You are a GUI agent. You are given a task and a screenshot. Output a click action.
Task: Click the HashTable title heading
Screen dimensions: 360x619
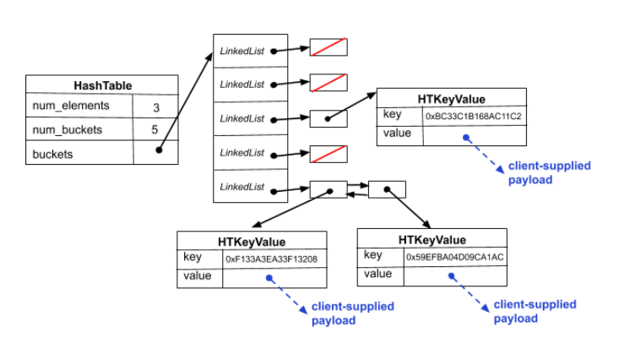point(102,85)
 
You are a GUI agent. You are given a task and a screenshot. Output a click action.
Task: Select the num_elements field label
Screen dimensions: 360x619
point(71,106)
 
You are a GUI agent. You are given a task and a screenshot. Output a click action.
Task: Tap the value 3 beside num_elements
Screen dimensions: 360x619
point(156,107)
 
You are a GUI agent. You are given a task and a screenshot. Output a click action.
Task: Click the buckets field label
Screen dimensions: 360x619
point(52,155)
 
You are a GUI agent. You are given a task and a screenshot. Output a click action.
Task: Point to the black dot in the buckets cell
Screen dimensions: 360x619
point(160,152)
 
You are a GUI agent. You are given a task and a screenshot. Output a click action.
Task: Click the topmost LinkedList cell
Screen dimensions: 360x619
point(242,51)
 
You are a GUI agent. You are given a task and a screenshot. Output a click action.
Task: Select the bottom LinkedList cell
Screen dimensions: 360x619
point(242,186)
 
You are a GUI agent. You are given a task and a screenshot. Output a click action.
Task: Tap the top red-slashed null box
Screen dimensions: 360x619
point(329,47)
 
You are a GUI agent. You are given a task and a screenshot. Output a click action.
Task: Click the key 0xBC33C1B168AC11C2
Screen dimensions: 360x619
point(473,116)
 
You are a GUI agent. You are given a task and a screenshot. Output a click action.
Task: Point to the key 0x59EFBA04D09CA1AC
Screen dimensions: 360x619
point(454,257)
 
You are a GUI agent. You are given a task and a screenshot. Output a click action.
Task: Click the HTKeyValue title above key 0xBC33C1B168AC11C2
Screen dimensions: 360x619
point(452,98)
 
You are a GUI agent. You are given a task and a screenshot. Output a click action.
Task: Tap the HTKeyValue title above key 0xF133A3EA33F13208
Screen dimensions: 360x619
point(252,241)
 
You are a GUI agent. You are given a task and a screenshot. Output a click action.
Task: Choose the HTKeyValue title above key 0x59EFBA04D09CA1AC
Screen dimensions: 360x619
point(432,239)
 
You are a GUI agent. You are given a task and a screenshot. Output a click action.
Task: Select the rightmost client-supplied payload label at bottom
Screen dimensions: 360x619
point(534,311)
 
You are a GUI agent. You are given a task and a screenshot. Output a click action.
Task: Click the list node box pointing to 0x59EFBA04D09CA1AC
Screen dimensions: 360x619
point(386,190)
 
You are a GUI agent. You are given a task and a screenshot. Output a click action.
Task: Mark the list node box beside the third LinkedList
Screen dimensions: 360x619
point(329,118)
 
